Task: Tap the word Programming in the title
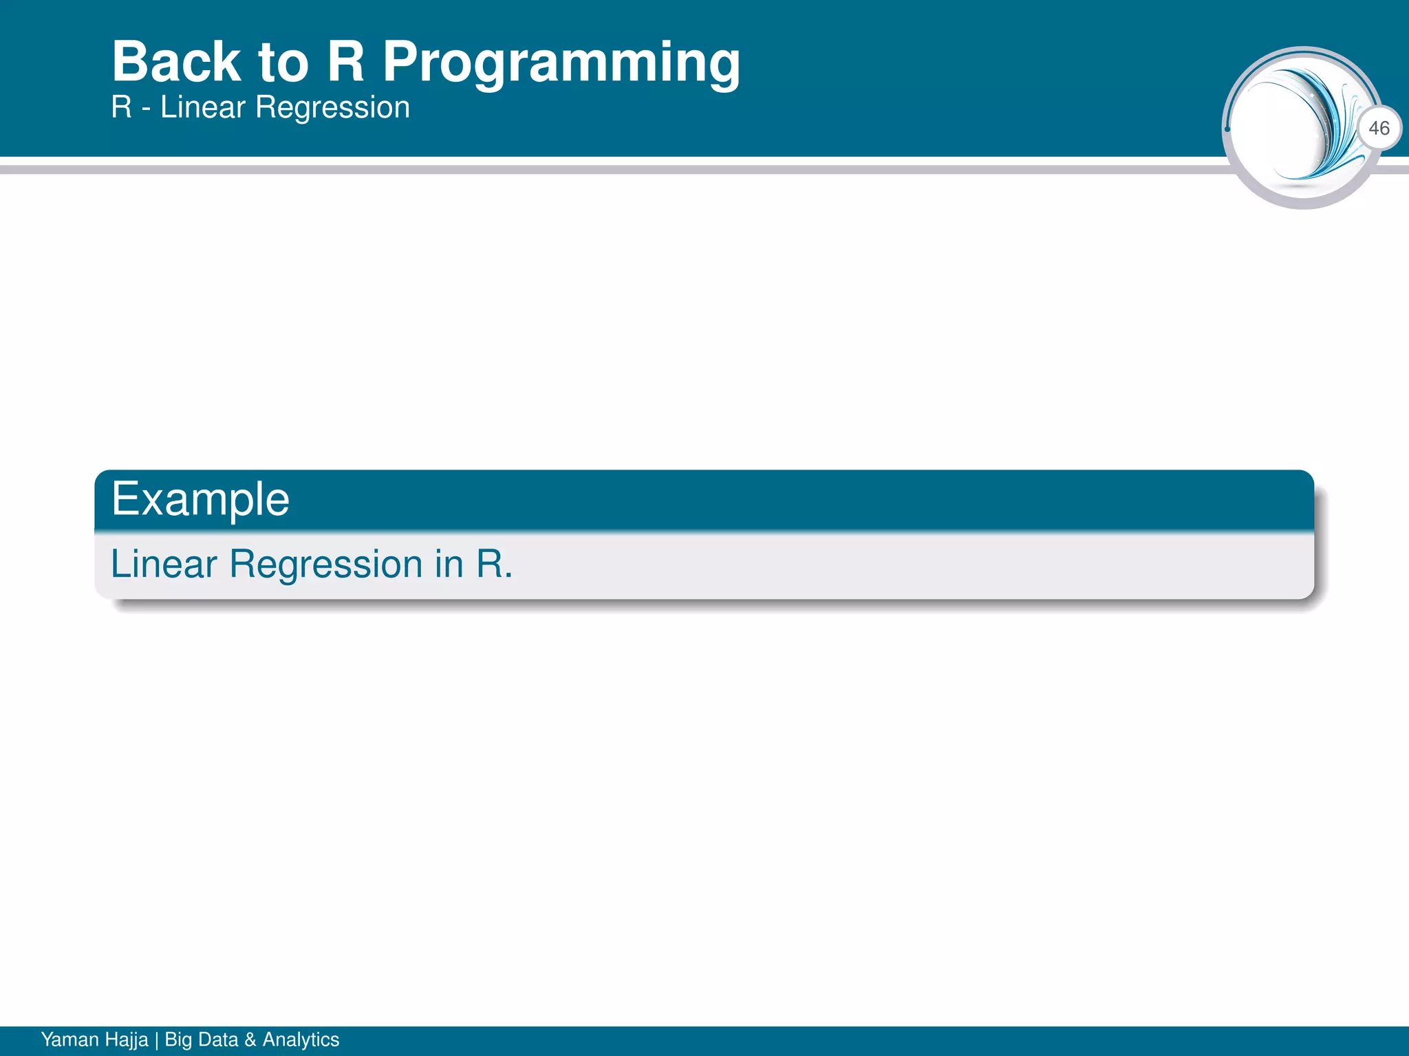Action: click(561, 63)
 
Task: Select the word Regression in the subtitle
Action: click(333, 108)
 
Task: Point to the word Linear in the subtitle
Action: click(203, 108)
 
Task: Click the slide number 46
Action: click(1379, 128)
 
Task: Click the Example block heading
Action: click(200, 499)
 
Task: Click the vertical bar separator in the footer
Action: click(156, 1039)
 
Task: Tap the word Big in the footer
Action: click(178, 1039)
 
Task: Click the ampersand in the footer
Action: click(250, 1039)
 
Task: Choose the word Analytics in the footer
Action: click(301, 1039)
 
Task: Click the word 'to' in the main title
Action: click(283, 63)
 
